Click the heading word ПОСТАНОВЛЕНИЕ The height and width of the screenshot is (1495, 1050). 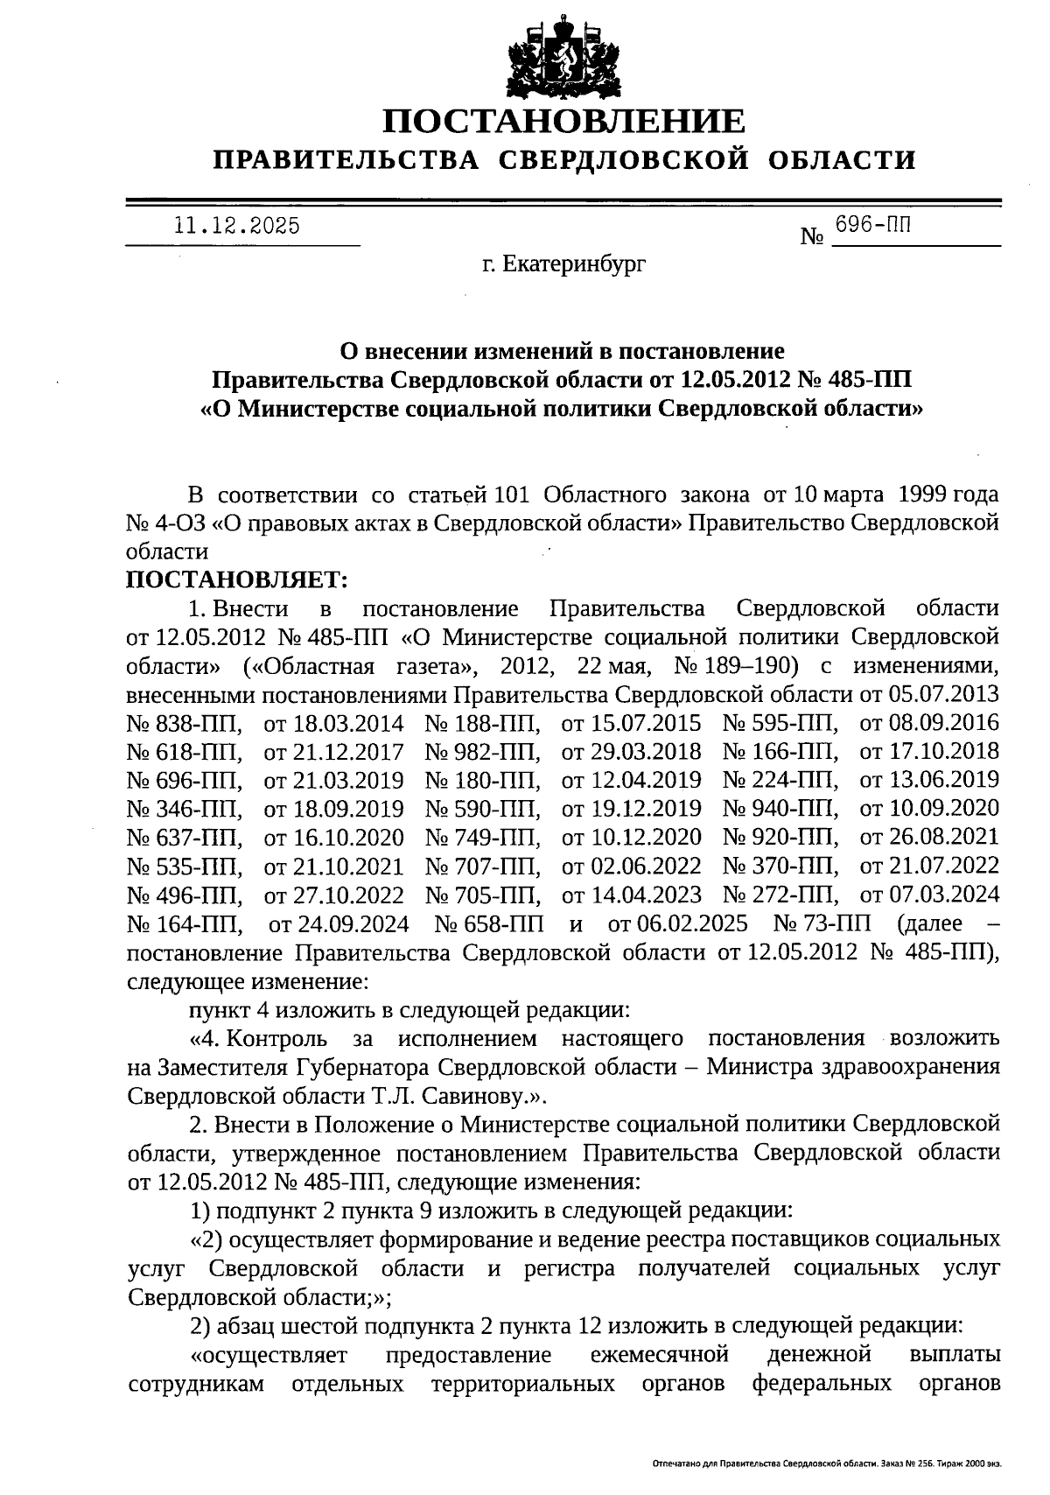564,122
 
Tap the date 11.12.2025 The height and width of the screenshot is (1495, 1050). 237,226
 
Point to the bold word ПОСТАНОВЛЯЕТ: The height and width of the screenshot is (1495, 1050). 238,579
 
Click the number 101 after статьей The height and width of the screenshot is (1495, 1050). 511,495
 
